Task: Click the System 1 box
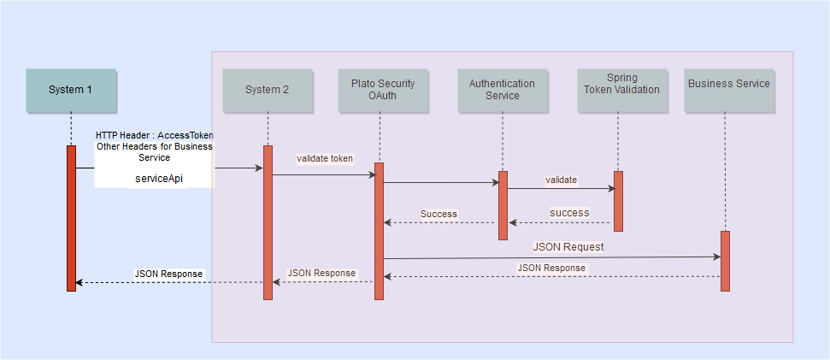[71, 90]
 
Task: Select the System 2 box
[268, 90]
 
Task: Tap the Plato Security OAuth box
[383, 90]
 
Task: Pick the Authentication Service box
[502, 90]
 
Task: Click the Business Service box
[729, 90]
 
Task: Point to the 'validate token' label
[325, 158]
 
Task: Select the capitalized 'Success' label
[439, 213]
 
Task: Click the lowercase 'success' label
[569, 212]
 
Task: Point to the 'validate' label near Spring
[561, 180]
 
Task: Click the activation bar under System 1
[72, 218]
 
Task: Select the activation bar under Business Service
[725, 261]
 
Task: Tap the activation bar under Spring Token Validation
[618, 201]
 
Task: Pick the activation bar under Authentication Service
[503, 205]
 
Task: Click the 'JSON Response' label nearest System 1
[168, 274]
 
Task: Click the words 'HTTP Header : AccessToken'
[155, 135]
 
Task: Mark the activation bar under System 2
[268, 222]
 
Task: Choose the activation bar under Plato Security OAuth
[379, 231]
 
